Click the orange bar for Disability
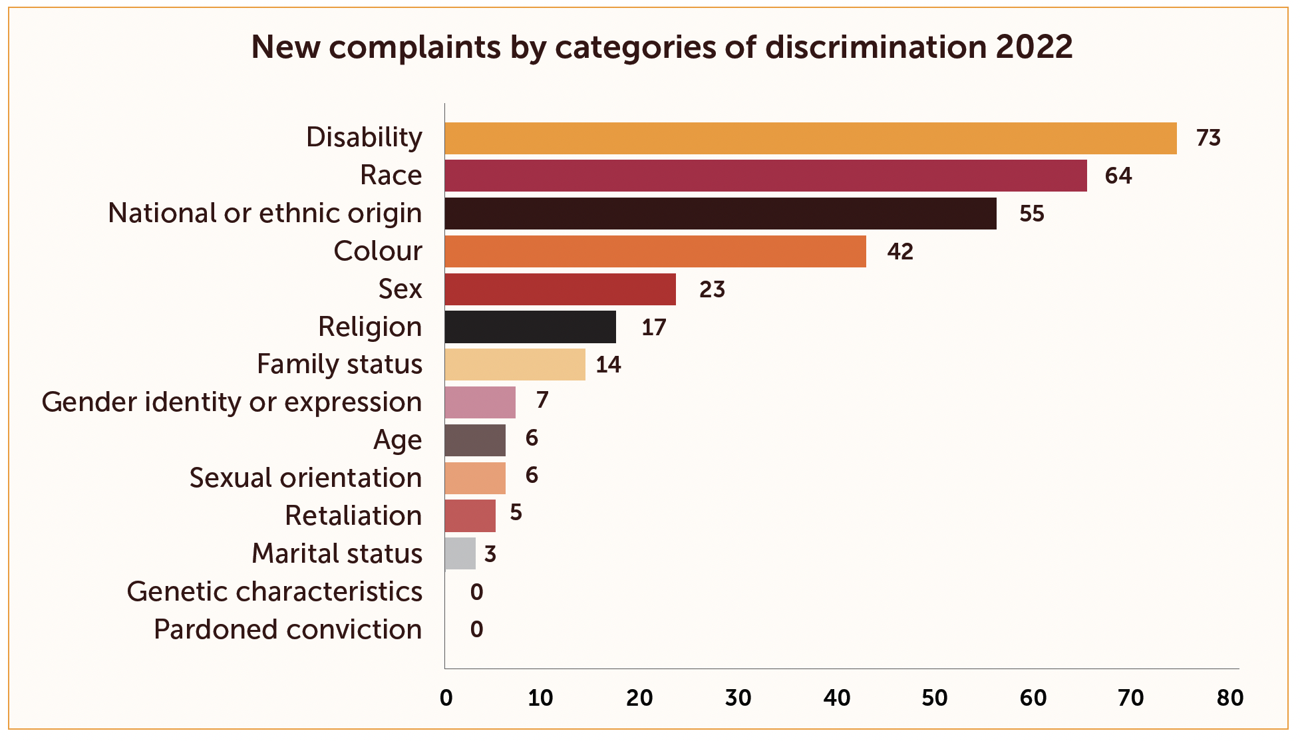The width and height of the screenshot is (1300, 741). click(x=810, y=138)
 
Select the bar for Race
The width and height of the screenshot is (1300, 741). click(x=765, y=176)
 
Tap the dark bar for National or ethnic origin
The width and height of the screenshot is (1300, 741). click(x=721, y=214)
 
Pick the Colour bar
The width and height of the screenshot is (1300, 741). click(x=655, y=251)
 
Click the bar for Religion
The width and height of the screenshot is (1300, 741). click(x=530, y=327)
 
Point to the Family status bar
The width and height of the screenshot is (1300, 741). click(x=515, y=365)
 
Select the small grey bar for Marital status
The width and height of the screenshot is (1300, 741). click(x=460, y=553)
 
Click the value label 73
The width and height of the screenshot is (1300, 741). click(x=1208, y=138)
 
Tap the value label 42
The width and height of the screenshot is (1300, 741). click(x=900, y=251)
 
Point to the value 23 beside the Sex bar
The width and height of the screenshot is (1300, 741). click(x=712, y=289)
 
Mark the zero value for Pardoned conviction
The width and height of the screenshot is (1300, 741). click(x=476, y=629)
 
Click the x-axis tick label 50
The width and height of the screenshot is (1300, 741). click(x=934, y=698)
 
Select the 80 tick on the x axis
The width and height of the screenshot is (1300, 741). click(x=1229, y=698)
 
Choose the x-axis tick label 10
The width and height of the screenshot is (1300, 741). click(x=540, y=698)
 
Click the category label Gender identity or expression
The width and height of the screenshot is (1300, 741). click(x=232, y=402)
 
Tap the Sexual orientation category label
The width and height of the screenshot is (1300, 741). click(x=305, y=478)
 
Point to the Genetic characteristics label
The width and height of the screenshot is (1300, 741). click(x=274, y=591)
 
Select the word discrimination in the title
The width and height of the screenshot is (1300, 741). click(x=876, y=47)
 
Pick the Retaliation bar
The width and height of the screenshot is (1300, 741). click(x=470, y=516)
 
